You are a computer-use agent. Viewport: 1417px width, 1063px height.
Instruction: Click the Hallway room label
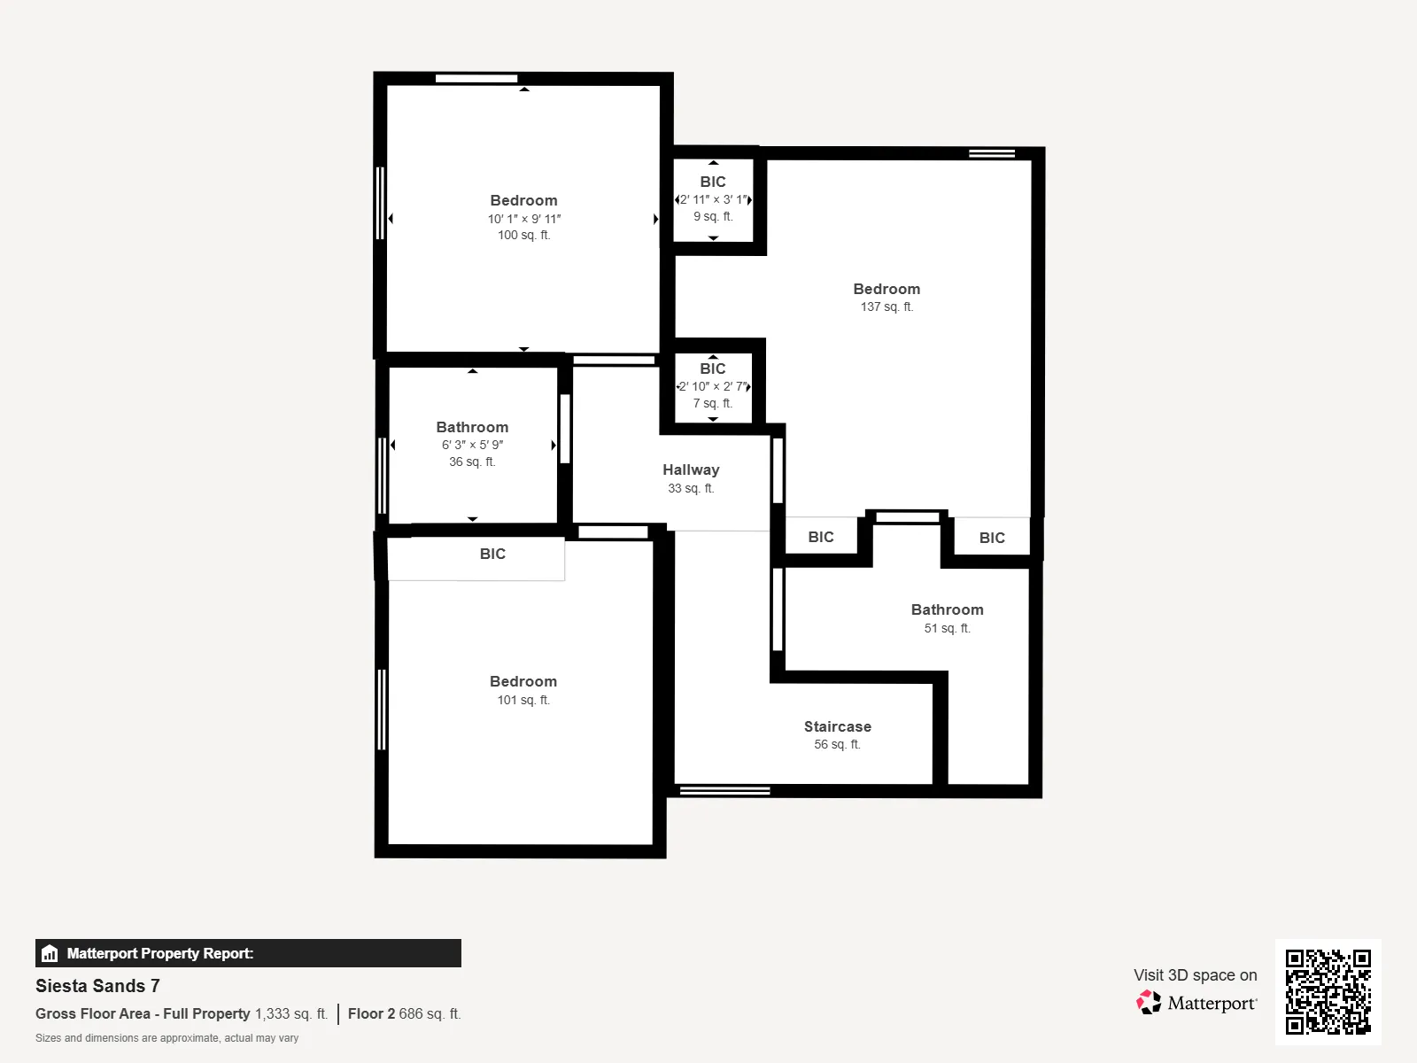(691, 469)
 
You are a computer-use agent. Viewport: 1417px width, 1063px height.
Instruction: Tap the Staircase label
(837, 726)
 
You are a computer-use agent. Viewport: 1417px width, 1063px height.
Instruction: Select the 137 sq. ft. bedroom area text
(887, 306)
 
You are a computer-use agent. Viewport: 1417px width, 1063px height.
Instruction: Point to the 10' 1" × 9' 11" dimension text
(523, 219)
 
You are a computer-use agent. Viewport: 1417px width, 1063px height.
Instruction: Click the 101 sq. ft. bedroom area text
(523, 700)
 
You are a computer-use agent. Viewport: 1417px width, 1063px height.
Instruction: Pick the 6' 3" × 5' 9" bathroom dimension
(472, 445)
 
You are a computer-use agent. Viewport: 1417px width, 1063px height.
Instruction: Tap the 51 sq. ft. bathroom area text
(947, 628)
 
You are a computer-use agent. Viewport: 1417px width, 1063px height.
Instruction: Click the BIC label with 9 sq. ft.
(713, 182)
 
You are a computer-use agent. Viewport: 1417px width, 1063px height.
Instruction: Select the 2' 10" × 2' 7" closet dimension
(713, 386)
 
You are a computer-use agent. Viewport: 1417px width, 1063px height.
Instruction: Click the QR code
(1328, 991)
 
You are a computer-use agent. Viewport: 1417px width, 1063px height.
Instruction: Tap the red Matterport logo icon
(1149, 1003)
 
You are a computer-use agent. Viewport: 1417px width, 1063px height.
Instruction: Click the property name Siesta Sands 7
(97, 986)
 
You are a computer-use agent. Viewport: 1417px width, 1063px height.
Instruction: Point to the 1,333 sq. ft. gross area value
(291, 1014)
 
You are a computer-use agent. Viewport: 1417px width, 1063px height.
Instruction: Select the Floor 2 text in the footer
(371, 1014)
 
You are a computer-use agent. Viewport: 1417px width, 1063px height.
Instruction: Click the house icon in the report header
(50, 953)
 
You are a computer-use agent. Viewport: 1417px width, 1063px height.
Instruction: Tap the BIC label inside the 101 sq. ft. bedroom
(492, 554)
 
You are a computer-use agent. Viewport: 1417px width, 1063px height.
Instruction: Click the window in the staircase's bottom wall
(725, 791)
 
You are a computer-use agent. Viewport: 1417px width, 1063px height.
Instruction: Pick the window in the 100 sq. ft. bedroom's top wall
(476, 79)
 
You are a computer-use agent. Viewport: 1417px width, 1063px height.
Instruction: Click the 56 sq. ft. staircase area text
(837, 744)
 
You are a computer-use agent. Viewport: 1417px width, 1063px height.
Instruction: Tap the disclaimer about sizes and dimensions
(166, 1038)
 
